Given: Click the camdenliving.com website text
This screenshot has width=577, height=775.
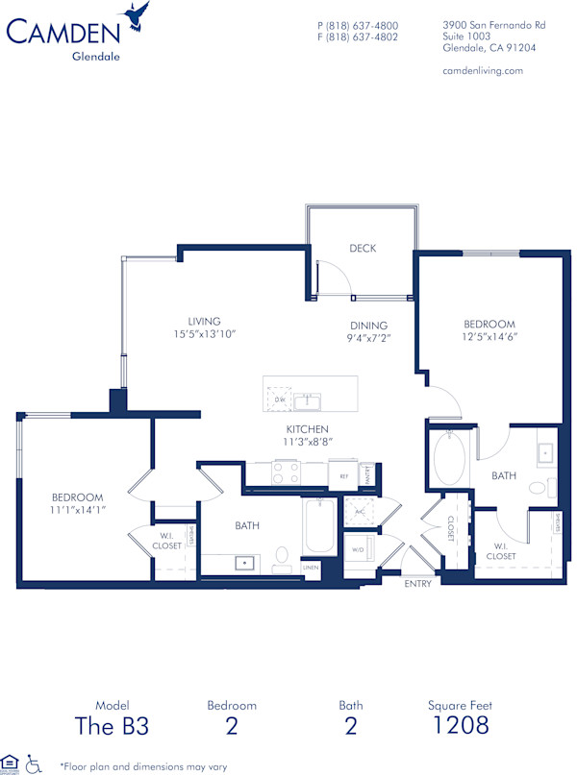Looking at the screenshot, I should [482, 70].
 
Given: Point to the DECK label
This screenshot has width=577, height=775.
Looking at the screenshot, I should [363, 249].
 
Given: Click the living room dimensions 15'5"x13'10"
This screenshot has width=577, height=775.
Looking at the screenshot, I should [204, 334].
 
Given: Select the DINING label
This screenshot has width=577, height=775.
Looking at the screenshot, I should [368, 326].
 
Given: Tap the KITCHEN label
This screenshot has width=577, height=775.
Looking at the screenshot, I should [307, 429].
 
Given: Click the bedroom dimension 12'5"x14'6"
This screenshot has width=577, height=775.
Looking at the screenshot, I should [489, 338].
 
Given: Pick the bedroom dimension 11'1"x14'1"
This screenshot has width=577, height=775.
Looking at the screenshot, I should [77, 509].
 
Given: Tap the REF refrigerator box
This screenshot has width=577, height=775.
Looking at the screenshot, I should [342, 474].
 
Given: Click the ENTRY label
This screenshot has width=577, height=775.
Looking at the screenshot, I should [418, 583].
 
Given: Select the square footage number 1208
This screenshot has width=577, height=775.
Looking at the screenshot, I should [460, 725].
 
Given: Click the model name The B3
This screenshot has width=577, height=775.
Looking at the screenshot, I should [112, 725].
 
